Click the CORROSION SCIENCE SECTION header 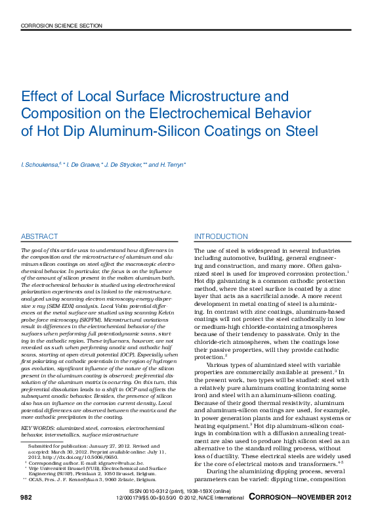click(x=62, y=26)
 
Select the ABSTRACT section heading click(x=39, y=236)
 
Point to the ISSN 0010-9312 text click(x=157, y=491)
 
